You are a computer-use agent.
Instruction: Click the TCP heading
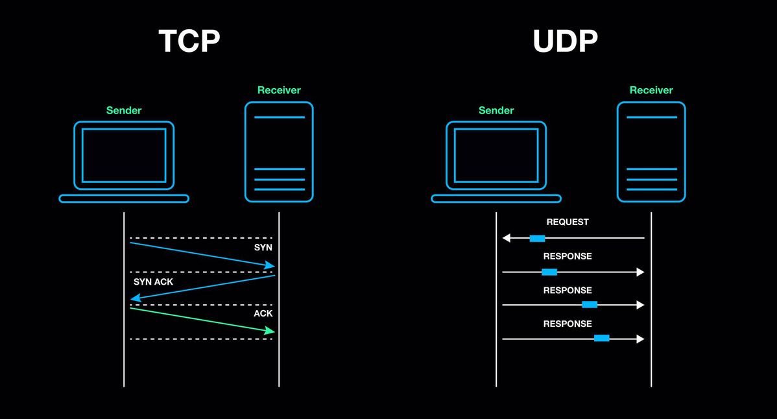189,41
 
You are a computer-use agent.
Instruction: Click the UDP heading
565,41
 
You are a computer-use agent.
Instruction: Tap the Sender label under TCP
124,110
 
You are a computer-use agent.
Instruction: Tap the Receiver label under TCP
279,90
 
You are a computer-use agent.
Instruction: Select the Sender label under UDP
496,110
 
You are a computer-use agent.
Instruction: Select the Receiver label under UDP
651,90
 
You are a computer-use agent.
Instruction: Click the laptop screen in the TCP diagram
124,156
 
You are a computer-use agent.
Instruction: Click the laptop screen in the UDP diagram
496,156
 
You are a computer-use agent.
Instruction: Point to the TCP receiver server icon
279,152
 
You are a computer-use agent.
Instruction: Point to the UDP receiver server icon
651,152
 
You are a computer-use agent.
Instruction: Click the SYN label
263,248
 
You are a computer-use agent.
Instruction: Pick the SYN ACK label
153,282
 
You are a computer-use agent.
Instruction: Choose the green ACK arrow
201,320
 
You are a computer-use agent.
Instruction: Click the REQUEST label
568,222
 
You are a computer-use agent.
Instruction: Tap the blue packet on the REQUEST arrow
537,238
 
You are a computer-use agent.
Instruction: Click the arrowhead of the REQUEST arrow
507,238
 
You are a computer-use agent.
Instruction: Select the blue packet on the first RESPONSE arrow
549,272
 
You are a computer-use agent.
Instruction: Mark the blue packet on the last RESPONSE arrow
601,338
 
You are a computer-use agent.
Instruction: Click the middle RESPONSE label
568,290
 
